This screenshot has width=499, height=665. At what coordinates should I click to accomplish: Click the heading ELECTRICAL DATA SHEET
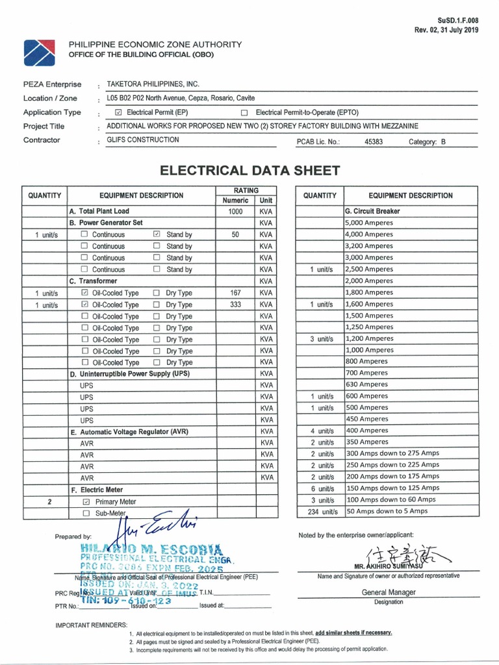coord(249,171)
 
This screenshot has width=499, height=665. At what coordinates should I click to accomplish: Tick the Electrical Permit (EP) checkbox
coord(118,112)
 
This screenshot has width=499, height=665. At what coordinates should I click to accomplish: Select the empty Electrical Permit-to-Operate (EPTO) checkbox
coord(244,112)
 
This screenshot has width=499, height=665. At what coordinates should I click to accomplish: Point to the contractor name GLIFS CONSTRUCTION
coord(142,140)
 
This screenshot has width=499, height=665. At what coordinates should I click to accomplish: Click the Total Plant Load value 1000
coord(235,211)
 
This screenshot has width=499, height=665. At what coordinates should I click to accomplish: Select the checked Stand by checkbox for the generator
coord(157,234)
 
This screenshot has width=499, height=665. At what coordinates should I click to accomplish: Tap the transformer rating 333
coord(235,305)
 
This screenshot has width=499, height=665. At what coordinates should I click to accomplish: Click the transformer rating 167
coord(235,293)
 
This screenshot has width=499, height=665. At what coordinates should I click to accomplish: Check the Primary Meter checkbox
coord(86,502)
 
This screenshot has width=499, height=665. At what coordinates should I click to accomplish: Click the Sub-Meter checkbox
coord(86,514)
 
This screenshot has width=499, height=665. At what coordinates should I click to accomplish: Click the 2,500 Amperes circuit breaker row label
coord(369,269)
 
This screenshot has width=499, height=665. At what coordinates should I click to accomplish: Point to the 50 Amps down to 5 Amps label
coord(387,511)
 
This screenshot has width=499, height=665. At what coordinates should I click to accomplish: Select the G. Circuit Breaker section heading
coord(372,211)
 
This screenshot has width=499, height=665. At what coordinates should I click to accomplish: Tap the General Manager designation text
coord(389,592)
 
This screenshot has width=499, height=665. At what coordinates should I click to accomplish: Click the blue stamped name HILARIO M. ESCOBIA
coord(149,549)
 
